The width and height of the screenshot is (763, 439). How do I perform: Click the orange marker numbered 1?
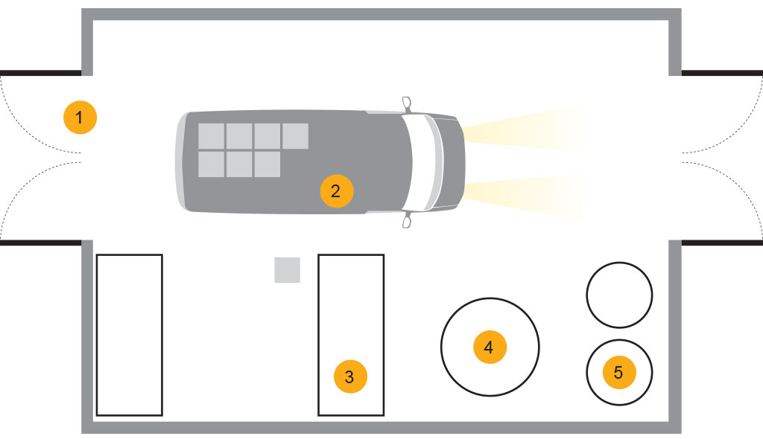click(80, 117)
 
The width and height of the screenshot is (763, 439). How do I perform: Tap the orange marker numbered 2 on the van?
click(336, 191)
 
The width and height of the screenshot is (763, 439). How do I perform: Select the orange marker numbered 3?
click(350, 376)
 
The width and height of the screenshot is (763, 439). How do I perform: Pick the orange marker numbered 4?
click(490, 347)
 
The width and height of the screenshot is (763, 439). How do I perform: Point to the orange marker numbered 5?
click(619, 372)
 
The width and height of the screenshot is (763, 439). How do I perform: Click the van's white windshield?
click(424, 162)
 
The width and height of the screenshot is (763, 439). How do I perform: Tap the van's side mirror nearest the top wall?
click(407, 104)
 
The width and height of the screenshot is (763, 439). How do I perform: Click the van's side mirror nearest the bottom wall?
click(407, 220)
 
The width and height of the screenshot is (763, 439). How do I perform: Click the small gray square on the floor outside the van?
click(287, 270)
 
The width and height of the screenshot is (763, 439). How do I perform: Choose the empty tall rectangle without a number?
click(130, 335)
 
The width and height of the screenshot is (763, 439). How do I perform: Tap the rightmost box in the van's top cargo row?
click(295, 136)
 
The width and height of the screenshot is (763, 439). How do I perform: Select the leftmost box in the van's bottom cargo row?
click(211, 164)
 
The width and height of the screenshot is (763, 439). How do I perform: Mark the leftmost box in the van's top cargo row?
click(211, 136)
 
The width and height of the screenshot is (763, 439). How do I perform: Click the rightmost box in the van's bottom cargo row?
click(267, 164)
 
